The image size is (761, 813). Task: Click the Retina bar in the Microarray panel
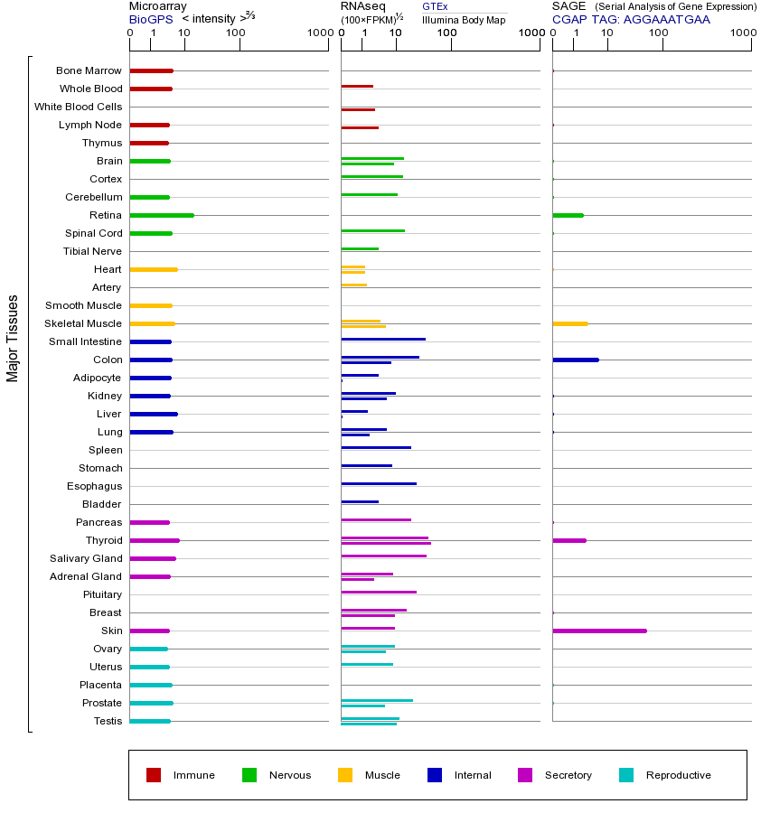click(x=162, y=215)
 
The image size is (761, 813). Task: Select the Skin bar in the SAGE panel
click(x=599, y=631)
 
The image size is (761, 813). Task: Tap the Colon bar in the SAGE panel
click(x=576, y=360)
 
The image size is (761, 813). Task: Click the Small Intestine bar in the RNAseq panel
click(x=383, y=339)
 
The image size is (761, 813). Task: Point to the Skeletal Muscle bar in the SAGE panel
click(x=570, y=323)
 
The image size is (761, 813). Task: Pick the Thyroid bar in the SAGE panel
click(x=569, y=540)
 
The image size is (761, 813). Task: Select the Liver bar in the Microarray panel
click(x=154, y=414)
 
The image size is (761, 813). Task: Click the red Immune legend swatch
click(x=154, y=775)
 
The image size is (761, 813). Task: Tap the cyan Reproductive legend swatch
click(x=626, y=775)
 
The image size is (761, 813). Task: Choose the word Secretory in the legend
click(x=568, y=775)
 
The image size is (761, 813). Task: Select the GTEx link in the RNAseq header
click(x=435, y=6)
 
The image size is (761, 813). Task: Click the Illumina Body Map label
click(x=464, y=19)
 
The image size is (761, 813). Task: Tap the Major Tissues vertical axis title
click(x=13, y=338)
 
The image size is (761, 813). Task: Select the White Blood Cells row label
click(x=78, y=107)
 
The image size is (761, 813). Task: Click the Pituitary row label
click(x=102, y=594)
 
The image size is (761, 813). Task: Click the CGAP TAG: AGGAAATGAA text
click(x=631, y=19)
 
